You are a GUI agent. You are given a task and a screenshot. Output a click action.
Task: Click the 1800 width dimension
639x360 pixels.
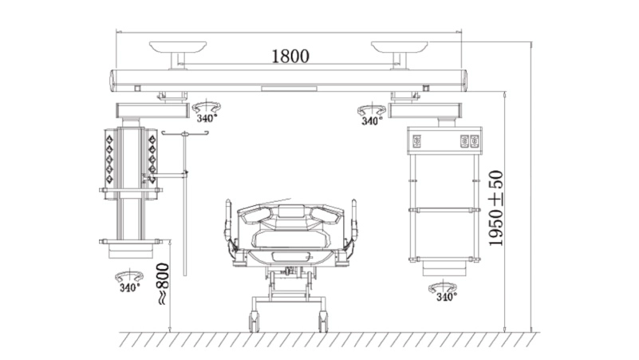pos(290,56)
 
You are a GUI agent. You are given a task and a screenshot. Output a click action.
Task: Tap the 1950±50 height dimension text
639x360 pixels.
pos(496,208)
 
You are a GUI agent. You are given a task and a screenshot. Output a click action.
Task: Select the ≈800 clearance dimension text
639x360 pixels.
pos(163,283)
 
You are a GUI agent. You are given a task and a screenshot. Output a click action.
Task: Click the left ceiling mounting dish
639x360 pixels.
pos(178,46)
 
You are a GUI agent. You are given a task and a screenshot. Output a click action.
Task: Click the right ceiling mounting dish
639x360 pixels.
pos(400,46)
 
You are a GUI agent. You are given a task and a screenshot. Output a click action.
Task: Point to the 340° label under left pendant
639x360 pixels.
pos(129,287)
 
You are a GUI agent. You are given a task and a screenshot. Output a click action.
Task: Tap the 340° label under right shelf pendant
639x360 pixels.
pos(447,297)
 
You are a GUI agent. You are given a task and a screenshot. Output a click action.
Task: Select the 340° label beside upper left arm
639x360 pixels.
pos(207,118)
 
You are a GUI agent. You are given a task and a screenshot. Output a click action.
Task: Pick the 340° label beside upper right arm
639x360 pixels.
pos(372,121)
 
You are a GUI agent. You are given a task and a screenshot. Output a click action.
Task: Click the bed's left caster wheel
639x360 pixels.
pos(254,321)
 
